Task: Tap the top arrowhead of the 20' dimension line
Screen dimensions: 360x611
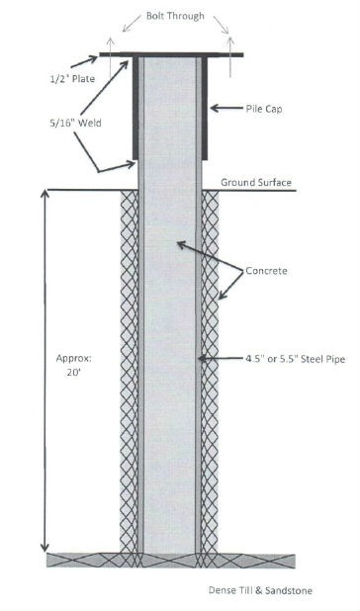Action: pos(43,193)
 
